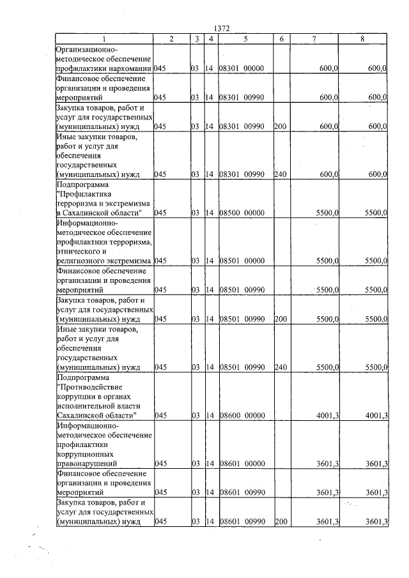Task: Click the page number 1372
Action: (221, 29)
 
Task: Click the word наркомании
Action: (131, 68)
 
